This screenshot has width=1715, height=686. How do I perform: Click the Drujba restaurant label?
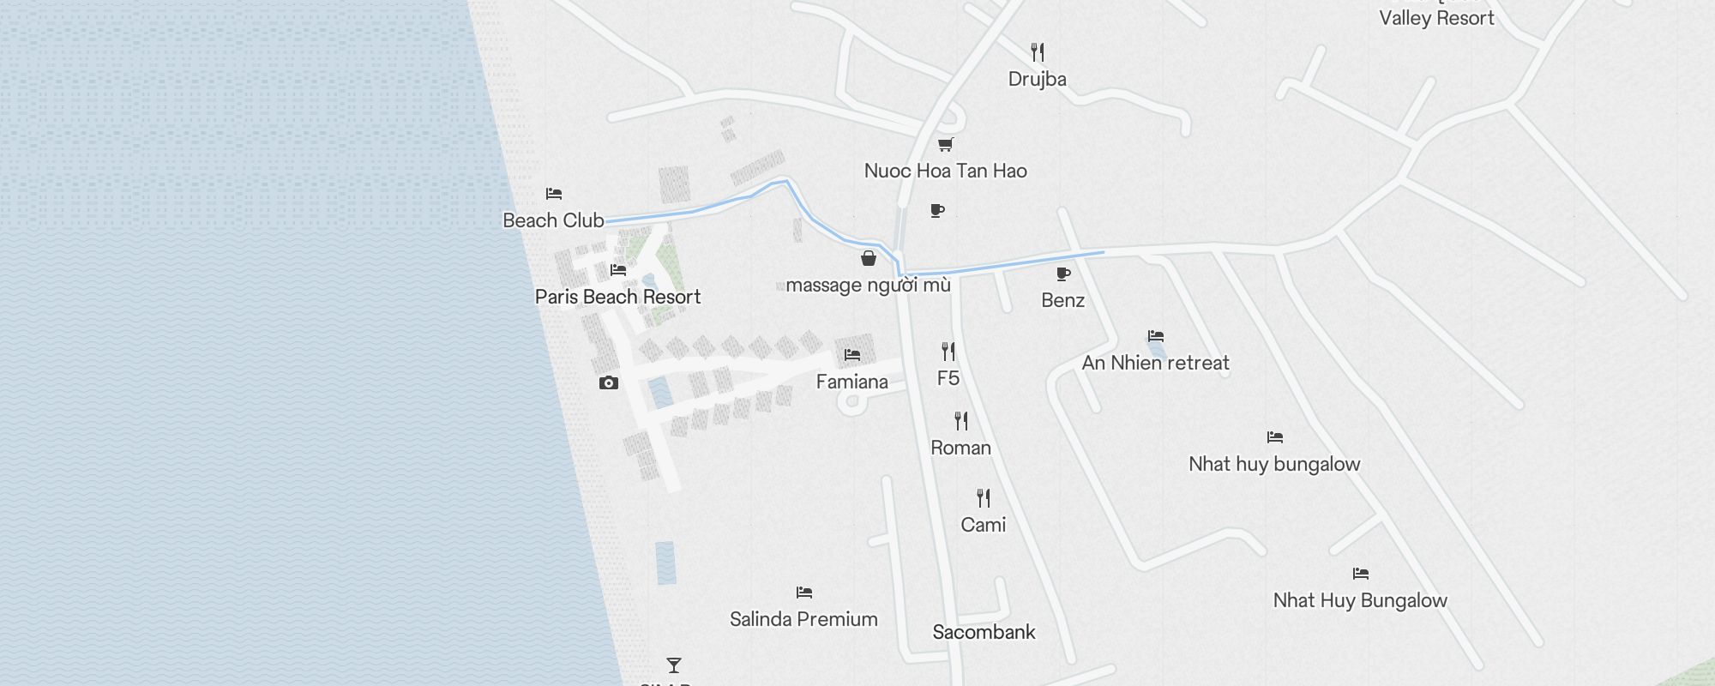tap(1038, 79)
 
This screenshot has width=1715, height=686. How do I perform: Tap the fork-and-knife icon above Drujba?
tap(1038, 52)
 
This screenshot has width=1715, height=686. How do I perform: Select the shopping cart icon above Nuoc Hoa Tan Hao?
tap(945, 144)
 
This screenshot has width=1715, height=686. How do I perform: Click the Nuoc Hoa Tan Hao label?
tap(945, 171)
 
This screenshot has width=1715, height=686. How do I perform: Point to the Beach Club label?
tap(553, 220)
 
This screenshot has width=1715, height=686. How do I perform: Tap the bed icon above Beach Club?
tap(554, 194)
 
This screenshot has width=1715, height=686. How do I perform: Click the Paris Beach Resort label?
tap(617, 297)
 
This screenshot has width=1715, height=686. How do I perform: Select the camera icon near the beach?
tap(609, 382)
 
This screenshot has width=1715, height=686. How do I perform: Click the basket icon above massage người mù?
tap(869, 258)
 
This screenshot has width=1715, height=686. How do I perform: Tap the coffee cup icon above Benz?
tap(1063, 274)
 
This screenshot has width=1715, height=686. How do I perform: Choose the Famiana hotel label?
tap(851, 382)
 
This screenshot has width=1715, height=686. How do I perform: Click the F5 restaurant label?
tap(948, 378)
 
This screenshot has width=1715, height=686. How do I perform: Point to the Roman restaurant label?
tap(960, 448)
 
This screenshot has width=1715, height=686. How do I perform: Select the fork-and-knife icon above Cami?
tap(984, 498)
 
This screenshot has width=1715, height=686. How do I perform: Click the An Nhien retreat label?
tap(1155, 363)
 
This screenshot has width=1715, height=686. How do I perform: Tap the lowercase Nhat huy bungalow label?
tap(1274, 464)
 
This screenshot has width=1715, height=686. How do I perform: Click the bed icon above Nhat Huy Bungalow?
tap(1361, 574)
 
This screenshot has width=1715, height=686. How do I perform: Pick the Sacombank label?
tap(984, 632)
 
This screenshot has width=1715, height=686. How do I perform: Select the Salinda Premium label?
tap(803, 619)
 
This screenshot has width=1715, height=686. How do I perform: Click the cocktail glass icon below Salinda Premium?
tap(674, 665)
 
